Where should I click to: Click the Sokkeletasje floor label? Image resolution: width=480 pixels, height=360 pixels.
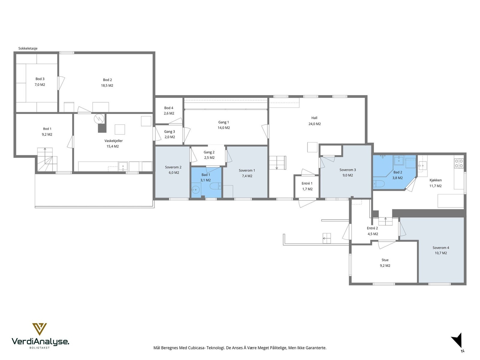coord(28,48)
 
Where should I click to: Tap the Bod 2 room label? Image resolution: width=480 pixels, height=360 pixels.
coord(107,80)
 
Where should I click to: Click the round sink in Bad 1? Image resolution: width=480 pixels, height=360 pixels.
coord(196,190)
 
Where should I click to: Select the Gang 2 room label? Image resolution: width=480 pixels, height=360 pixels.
coord(209,152)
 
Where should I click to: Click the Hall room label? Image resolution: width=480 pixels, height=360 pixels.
coord(314,118)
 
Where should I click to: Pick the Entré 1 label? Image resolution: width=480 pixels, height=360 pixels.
coord(307,184)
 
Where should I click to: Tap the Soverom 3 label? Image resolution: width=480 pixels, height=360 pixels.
coord(347,170)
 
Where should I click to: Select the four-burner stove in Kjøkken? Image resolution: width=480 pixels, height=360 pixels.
coord(459,163)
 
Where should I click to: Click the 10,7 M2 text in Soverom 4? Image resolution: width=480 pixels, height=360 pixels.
coord(441,253)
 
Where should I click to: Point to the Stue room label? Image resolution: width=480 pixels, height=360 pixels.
coord(385,260)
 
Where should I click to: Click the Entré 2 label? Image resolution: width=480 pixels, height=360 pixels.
coord(372,228)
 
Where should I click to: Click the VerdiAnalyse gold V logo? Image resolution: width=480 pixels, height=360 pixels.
coord(40,329)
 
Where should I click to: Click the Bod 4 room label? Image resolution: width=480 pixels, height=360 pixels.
coord(169,108)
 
